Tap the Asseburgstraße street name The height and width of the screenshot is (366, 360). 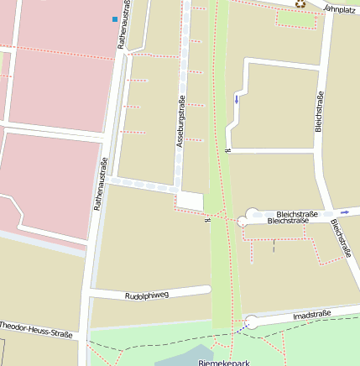coord(180,123)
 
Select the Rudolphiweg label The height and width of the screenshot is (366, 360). coord(147,295)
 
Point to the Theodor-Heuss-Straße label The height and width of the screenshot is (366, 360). coord(35,329)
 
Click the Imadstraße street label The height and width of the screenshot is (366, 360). coord(311,315)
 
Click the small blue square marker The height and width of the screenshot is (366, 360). coord(115,18)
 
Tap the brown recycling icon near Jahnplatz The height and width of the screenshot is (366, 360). coord(300,3)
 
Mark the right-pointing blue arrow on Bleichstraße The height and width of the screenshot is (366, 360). coord(345,212)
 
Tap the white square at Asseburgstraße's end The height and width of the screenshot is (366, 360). coord(190,201)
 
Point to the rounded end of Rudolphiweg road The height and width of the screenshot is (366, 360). coord(206,290)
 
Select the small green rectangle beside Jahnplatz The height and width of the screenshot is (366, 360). coord(298,18)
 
